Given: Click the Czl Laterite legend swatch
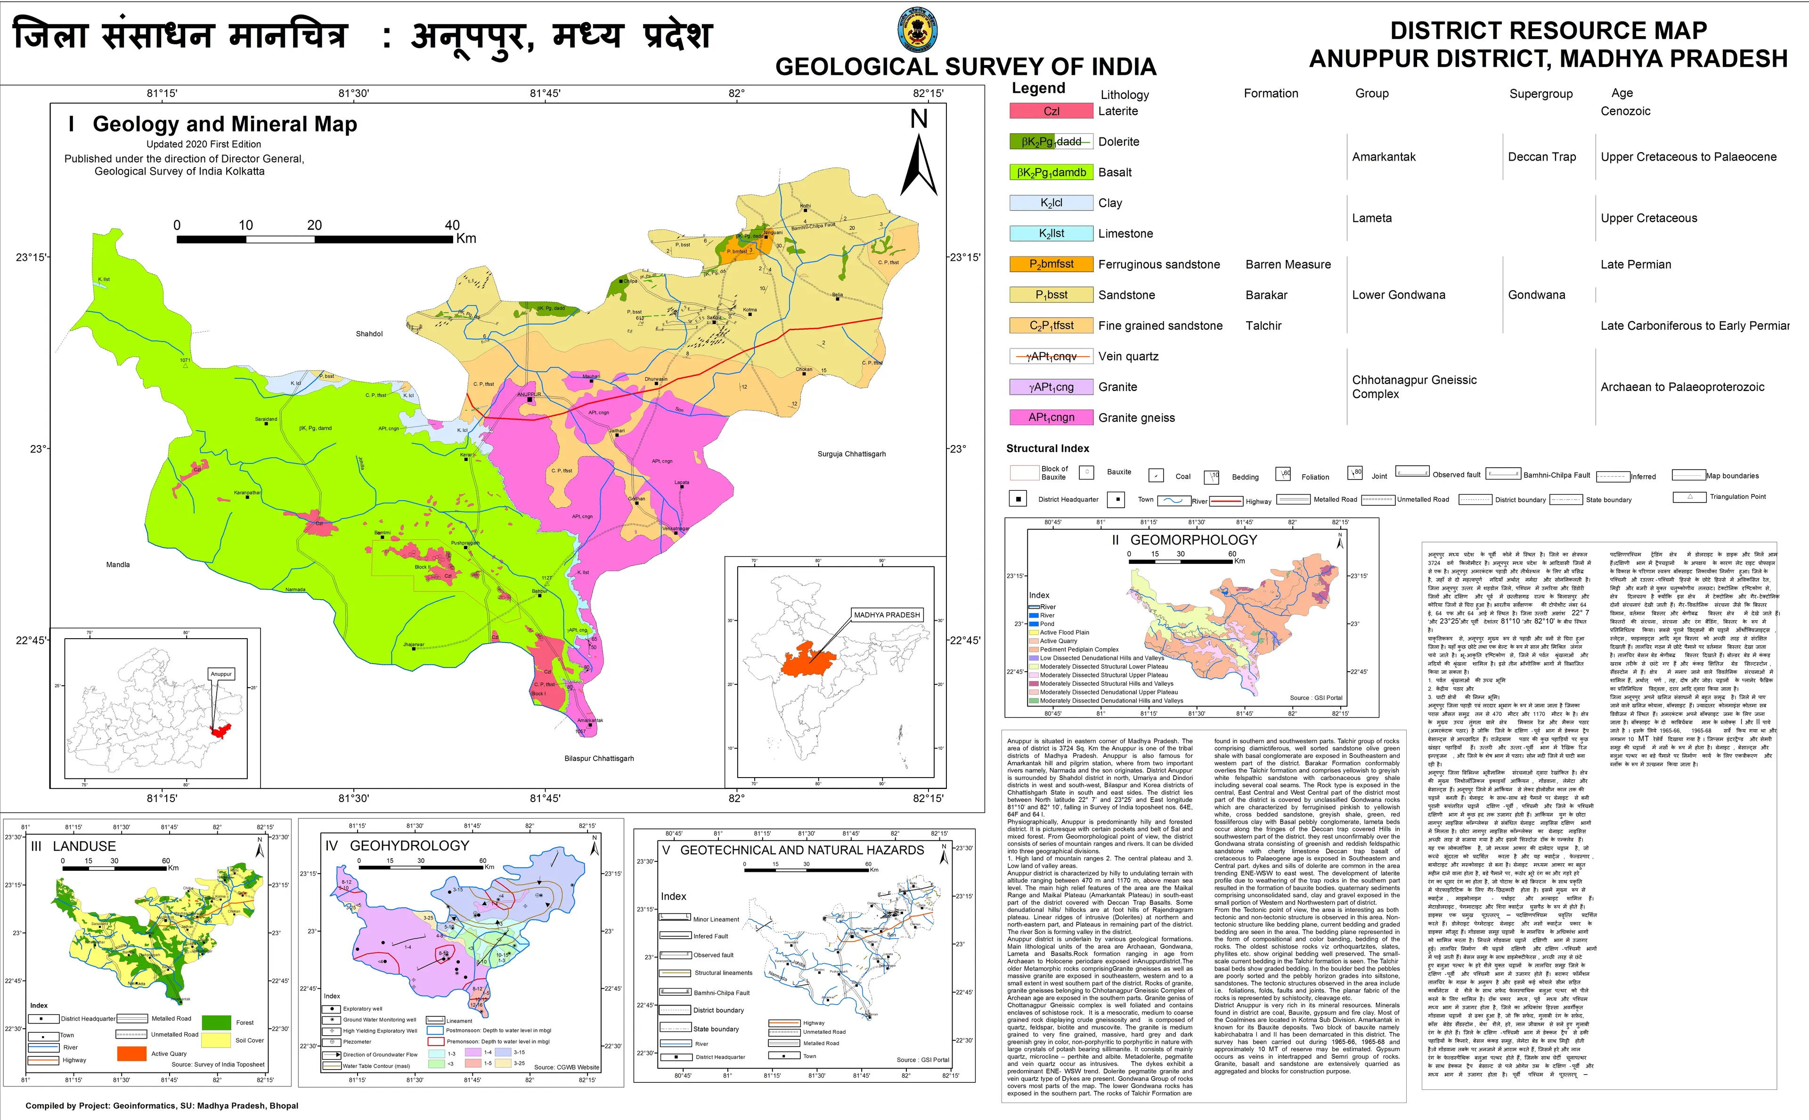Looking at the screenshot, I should coord(1051,111).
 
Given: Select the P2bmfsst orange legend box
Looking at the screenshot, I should coord(1051,264).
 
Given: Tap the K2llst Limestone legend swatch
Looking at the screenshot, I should coord(1051,233).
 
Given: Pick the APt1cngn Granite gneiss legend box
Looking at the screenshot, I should coord(1051,418).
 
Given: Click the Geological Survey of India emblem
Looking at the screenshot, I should coord(917,30).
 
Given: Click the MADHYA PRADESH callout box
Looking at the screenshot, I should coord(886,615).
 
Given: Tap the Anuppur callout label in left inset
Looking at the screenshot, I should coord(221,674).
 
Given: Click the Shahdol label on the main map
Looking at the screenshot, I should coord(369,334).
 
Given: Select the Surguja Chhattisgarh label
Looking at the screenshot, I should coord(851,454).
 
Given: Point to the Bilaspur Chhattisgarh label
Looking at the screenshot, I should coord(599,758).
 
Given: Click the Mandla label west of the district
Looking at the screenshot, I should coord(118,564).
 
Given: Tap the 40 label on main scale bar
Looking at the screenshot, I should coord(452,225).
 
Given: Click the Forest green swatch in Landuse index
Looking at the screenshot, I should coord(216,1022).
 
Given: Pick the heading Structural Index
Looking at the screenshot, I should coord(1047,449).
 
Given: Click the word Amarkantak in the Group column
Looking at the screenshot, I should coord(1383,157).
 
